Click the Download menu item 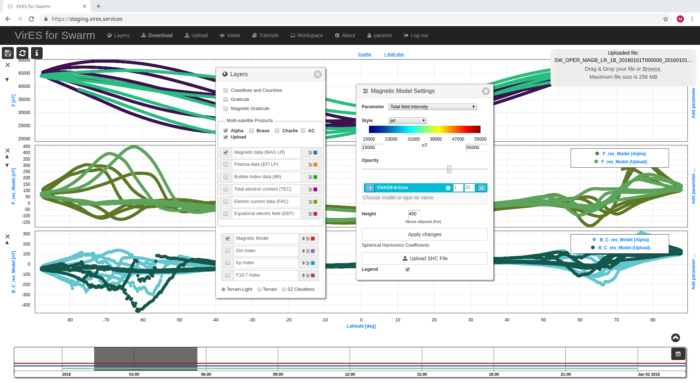157,35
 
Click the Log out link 416,35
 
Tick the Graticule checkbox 226,99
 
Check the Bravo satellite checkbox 252,131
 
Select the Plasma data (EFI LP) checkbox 226,165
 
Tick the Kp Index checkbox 227,263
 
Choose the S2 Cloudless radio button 284,290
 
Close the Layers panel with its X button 318,74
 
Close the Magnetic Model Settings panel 485,91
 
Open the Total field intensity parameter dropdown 432,107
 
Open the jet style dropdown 407,121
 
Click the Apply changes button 424,234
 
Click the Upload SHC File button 424,258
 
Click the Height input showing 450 414,214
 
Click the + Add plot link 393,54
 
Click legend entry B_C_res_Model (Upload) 624,248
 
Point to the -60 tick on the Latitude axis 143,320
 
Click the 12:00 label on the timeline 350,374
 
